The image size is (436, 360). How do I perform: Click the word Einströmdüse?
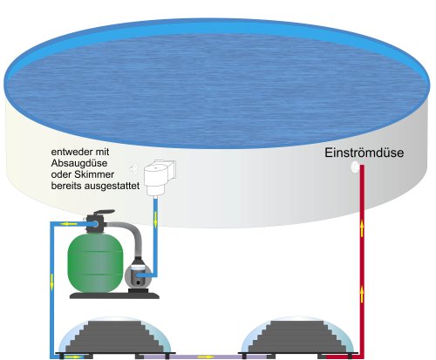click(x=364, y=153)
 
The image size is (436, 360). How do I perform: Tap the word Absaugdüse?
click(x=79, y=163)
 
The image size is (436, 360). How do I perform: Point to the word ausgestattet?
click(x=112, y=186)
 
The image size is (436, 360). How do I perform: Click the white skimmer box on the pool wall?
click(x=160, y=177)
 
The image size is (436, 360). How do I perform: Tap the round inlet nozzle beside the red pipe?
click(x=355, y=167)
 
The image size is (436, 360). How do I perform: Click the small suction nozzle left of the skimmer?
click(x=133, y=168)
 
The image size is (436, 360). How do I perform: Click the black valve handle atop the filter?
click(x=102, y=213)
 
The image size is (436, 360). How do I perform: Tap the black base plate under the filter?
click(x=114, y=295)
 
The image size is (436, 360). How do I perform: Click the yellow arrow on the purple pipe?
click(x=206, y=357)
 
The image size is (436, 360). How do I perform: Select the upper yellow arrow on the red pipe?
click(x=362, y=228)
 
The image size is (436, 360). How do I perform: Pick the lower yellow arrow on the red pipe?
click(x=362, y=294)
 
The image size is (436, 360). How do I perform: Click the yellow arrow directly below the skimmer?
click(x=155, y=219)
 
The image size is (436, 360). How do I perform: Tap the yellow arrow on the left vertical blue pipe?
click(x=52, y=282)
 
